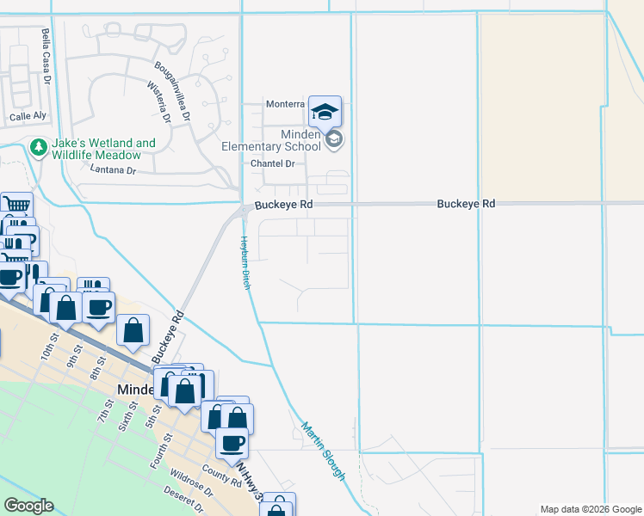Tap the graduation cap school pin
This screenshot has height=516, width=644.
click(325, 112)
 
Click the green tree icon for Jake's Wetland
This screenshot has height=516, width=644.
click(38, 148)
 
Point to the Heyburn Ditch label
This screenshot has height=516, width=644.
click(245, 261)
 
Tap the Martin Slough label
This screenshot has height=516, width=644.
click(324, 451)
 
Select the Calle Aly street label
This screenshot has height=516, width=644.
click(27, 117)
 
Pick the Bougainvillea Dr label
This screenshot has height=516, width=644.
click(172, 89)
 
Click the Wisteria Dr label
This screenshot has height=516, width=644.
click(160, 103)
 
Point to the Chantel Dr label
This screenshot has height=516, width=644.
click(272, 163)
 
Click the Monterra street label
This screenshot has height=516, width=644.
click(285, 104)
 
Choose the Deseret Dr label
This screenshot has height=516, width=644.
click(187, 504)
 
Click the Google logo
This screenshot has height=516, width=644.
click(28, 506)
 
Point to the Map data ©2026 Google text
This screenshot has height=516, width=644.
click(590, 509)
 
